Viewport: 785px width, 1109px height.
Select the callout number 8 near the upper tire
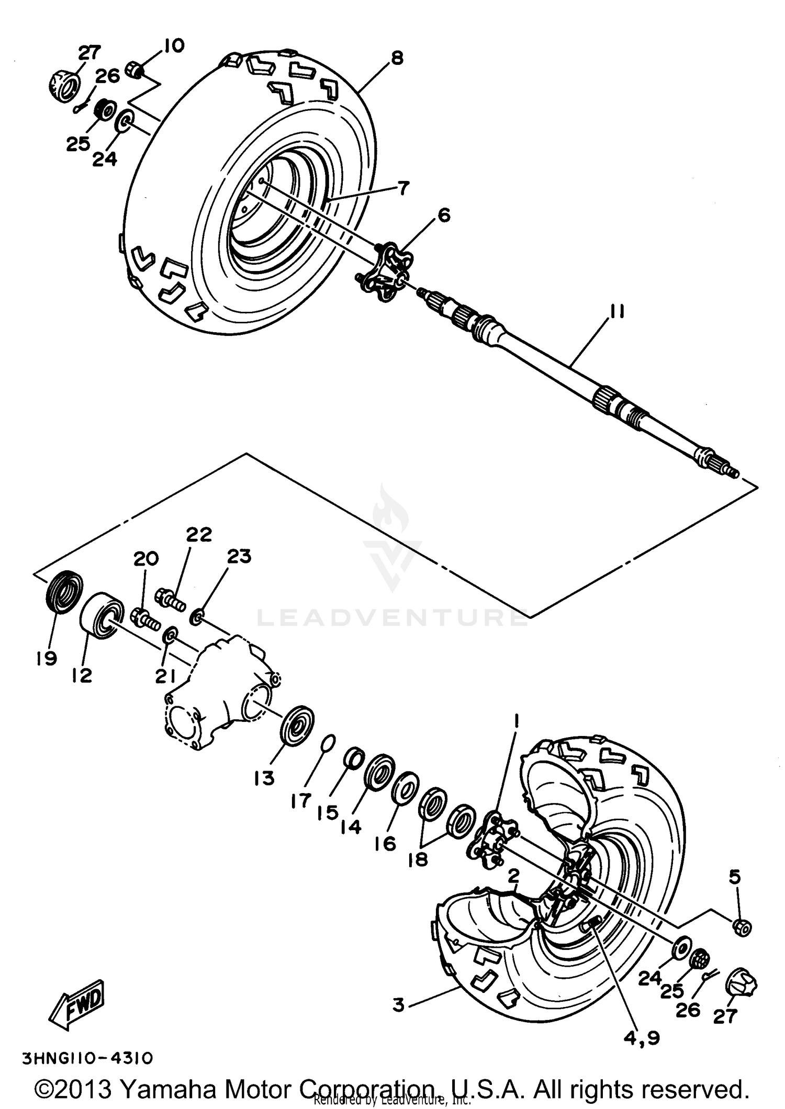(397, 58)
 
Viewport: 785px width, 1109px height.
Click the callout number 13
(265, 778)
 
